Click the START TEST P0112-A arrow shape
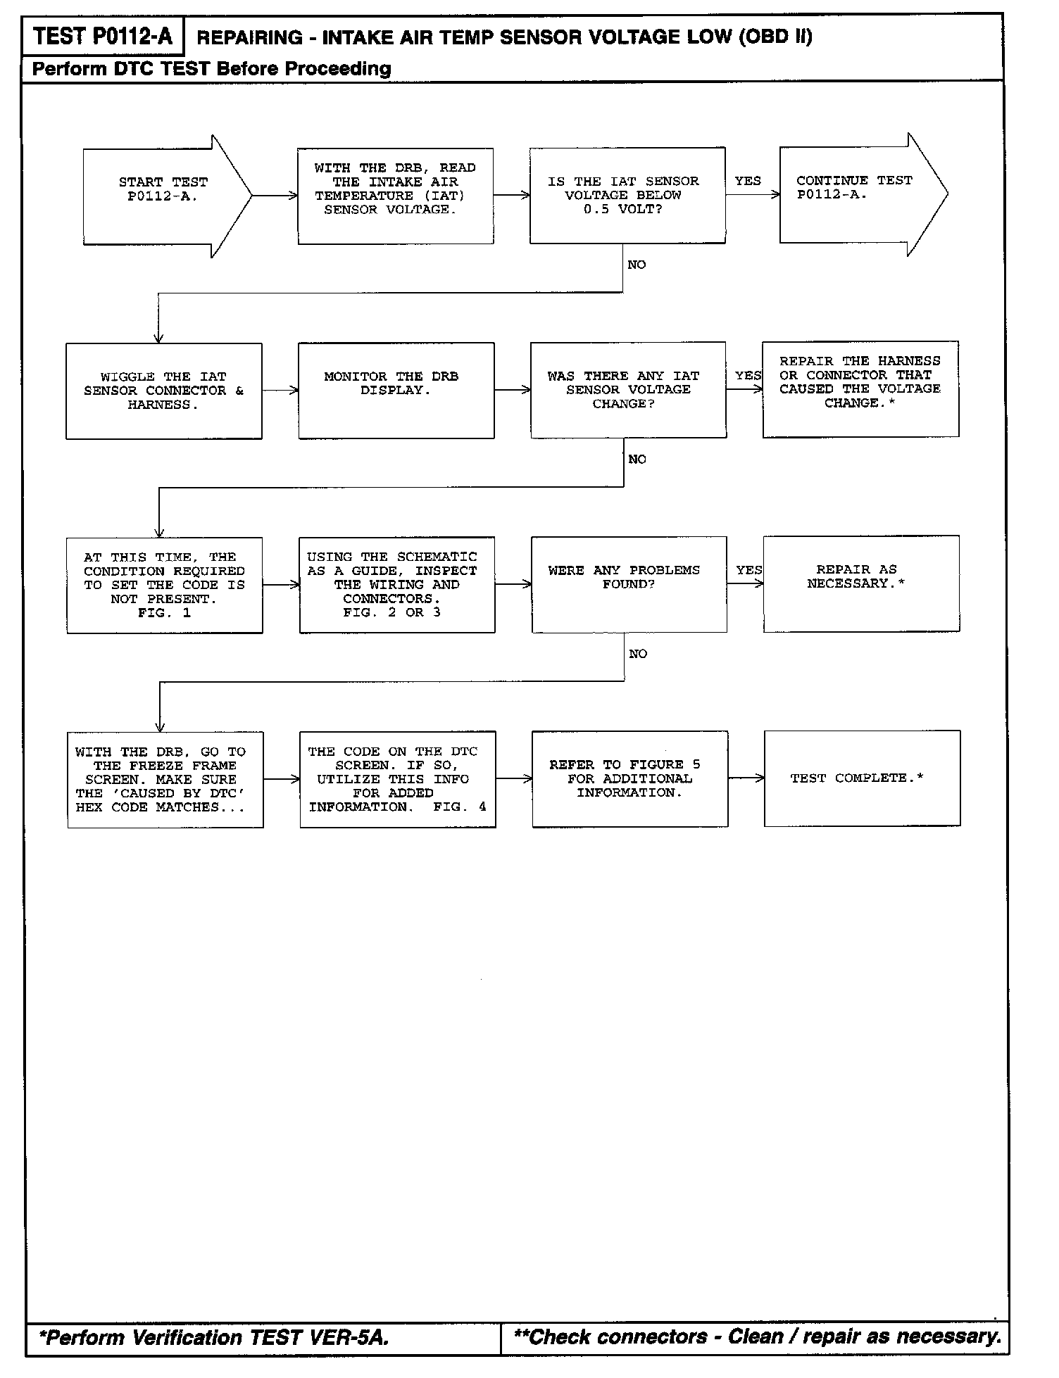pos(165,196)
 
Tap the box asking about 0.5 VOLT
pos(627,196)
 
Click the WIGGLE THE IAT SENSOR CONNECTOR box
pos(164,391)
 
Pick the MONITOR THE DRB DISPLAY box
pos(396,391)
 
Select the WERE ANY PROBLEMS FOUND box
pos(629,585)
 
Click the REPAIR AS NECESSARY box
pos(861,584)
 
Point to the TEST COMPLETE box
pos(862,778)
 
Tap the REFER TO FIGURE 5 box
pos(629,779)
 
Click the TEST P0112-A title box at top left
pos(103,37)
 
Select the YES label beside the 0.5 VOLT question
pos(747,181)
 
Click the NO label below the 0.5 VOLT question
pos(637,265)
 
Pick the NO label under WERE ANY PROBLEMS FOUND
pos(638,655)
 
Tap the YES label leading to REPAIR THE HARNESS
pos(748,376)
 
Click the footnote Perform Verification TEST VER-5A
pos(214,1337)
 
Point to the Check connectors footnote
pos(758,1336)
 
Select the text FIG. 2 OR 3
pos(391,613)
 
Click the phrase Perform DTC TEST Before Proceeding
pos(212,69)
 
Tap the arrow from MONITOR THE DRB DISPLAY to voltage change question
pos(512,390)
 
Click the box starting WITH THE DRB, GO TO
pos(165,780)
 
